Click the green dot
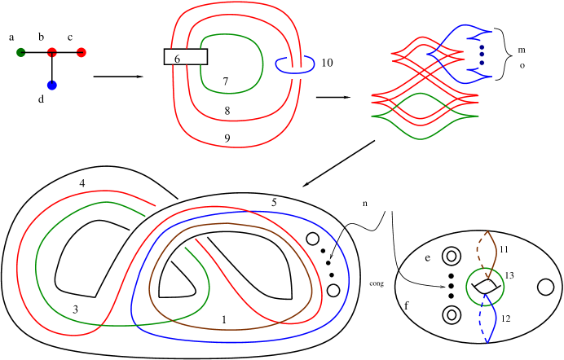click(21, 52)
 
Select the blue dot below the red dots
click(52, 85)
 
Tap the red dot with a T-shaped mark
click(52, 52)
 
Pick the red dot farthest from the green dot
click(82, 52)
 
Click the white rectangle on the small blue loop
click(297, 72)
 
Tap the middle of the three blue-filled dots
click(482, 55)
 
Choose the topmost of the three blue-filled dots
click(482, 47)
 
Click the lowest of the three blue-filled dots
click(482, 63)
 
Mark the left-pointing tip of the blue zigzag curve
click(429, 55)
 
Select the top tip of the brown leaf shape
click(487, 231)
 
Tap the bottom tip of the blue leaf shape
click(487, 342)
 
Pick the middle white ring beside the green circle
click(451, 286)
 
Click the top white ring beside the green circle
click(451, 276)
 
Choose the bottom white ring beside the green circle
click(451, 296)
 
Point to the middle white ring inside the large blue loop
click(328, 262)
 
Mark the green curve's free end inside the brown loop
click(186, 248)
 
